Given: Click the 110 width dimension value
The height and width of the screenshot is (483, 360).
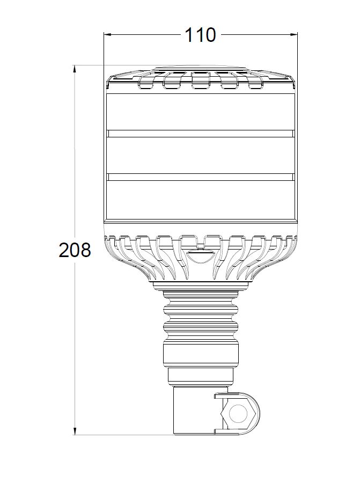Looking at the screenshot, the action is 200,35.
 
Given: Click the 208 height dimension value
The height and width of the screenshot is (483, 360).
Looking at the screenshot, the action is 75,250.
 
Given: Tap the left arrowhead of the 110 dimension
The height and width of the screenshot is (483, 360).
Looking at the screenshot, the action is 107,34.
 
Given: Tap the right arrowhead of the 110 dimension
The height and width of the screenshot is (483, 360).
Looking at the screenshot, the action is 294,34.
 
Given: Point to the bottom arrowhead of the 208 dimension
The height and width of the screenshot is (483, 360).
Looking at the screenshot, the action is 74,431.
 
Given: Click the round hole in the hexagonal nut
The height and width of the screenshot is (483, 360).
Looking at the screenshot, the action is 238,414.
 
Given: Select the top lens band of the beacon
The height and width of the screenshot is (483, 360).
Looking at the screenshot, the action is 201,112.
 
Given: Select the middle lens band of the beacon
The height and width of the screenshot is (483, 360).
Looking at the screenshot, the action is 201,155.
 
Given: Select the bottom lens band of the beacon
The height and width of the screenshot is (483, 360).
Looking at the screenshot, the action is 201,199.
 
